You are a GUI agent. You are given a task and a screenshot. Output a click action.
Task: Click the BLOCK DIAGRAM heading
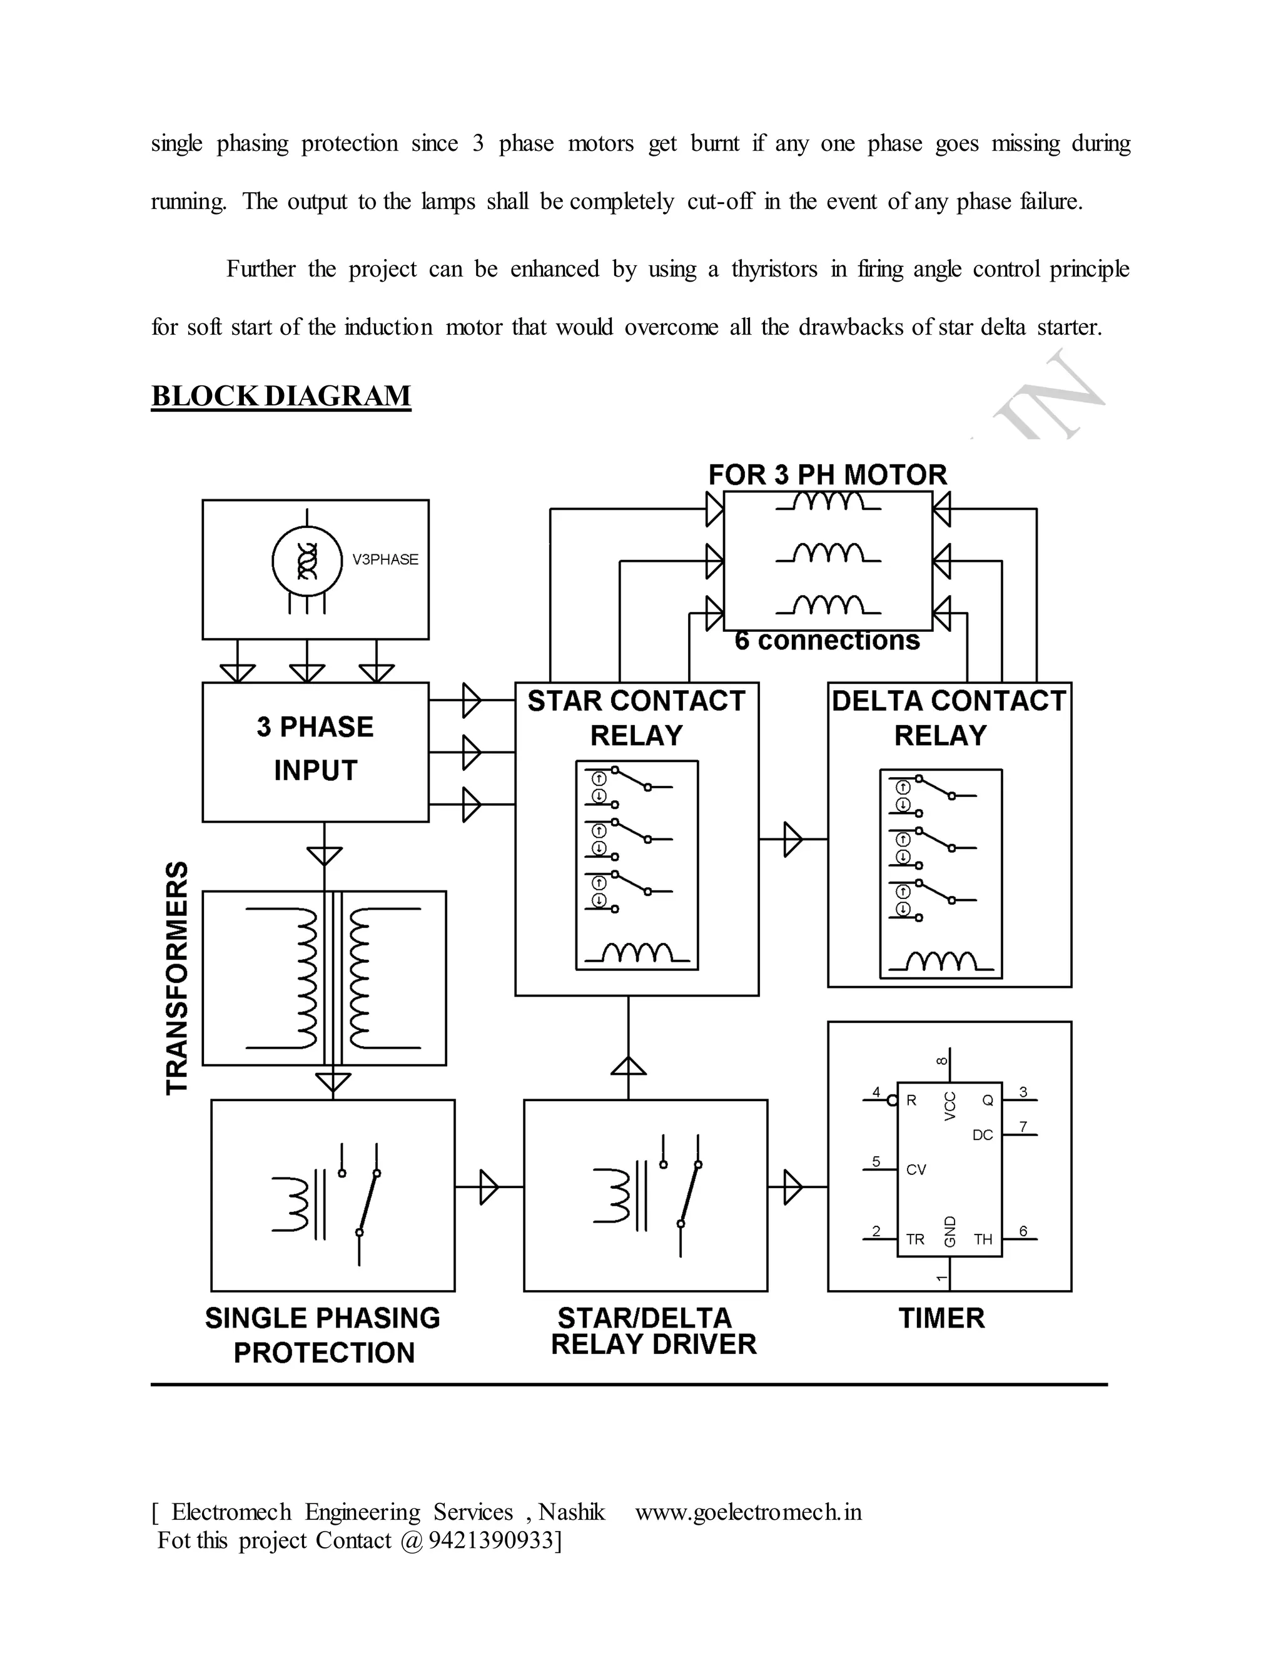coord(281,396)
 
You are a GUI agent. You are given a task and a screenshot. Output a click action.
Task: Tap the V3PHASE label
coord(385,559)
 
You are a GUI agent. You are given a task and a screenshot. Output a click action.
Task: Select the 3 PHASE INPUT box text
coord(315,748)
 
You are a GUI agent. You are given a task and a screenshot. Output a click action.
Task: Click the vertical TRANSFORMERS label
coord(177,978)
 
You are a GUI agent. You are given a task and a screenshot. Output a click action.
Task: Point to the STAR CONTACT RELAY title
coord(636,718)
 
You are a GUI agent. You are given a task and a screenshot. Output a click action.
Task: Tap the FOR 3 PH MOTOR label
coord(827,476)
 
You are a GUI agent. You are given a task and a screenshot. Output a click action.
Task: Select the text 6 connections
coord(827,641)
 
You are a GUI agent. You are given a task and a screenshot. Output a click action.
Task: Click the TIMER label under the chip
coord(941,1318)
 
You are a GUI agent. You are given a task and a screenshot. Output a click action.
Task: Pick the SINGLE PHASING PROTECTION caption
coord(323,1335)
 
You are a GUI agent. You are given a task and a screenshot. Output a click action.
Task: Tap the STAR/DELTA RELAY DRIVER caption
coord(652,1331)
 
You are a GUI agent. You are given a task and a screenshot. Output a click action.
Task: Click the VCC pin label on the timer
coord(950,1107)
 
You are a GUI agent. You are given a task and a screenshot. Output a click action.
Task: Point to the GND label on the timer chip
coord(950,1231)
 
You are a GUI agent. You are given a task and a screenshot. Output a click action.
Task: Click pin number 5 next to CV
coord(876,1161)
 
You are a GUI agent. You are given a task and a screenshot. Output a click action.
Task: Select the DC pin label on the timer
coord(982,1135)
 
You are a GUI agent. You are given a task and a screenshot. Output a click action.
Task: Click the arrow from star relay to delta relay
coord(792,839)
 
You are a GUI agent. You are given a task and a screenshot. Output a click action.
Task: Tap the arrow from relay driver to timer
coord(792,1186)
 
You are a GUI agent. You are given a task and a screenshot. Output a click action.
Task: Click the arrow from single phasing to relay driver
coord(489,1186)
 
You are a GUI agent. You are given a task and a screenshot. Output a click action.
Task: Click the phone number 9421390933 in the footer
coord(491,1540)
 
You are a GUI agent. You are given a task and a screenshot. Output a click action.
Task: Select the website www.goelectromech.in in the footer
coord(748,1512)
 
